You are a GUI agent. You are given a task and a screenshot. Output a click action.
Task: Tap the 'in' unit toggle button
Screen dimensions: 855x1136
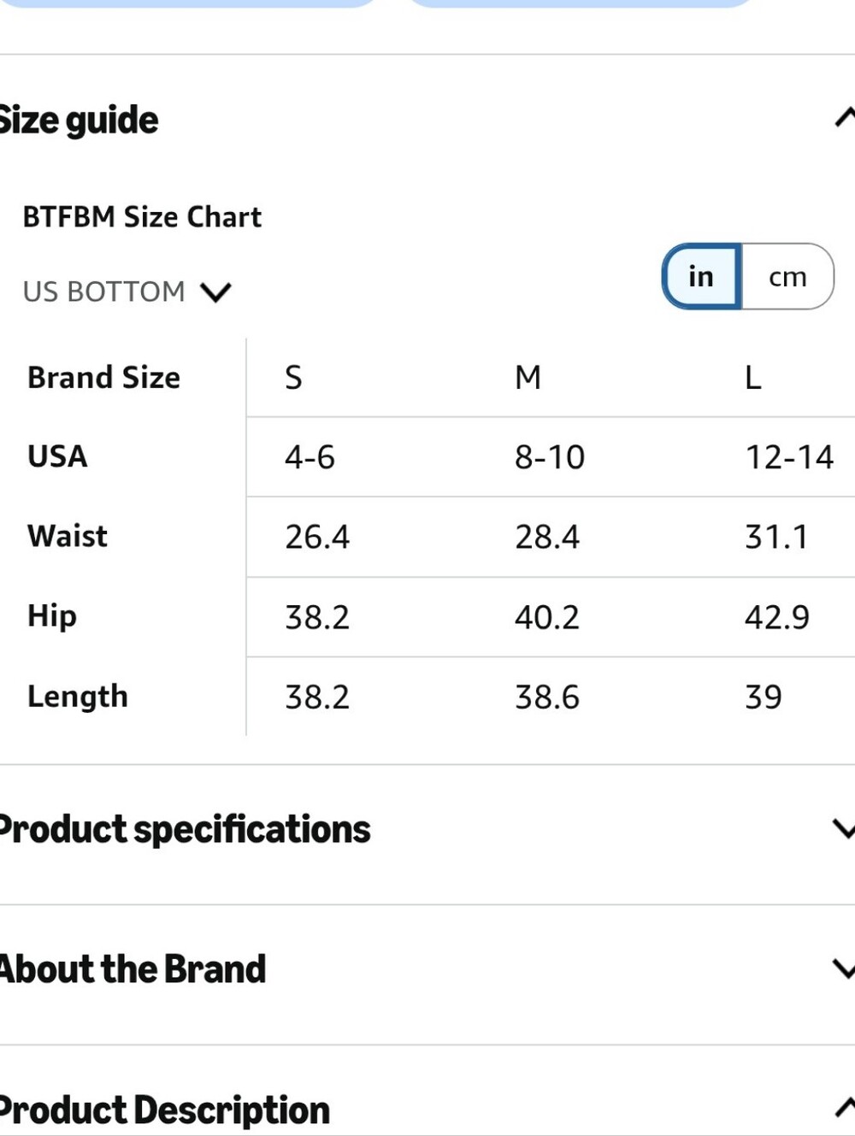[701, 276]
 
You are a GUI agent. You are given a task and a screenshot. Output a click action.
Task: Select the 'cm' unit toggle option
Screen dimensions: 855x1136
[787, 277]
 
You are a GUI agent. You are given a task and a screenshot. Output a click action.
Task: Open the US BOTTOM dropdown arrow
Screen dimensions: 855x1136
[215, 291]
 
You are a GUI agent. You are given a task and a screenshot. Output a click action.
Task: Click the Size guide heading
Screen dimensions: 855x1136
[79, 121]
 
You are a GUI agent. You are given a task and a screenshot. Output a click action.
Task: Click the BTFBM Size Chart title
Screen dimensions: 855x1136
[142, 216]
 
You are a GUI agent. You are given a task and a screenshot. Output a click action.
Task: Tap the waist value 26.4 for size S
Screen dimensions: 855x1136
[317, 536]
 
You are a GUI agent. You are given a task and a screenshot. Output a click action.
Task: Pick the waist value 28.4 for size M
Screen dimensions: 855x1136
[547, 536]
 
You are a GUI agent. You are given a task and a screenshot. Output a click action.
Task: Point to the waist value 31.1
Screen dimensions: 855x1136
[776, 536]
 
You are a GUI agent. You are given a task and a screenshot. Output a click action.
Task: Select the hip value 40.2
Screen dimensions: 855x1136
[547, 617]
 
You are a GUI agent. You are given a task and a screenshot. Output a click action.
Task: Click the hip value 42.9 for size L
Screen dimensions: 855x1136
[777, 617]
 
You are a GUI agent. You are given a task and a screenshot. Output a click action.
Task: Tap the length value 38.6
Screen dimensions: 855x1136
[547, 697]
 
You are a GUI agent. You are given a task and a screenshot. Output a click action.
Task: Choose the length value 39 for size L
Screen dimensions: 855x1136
[764, 697]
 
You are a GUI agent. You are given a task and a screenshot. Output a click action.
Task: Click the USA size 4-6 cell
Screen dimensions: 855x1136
[310, 457]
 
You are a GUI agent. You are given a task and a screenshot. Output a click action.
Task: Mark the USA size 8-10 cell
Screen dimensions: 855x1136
[550, 457]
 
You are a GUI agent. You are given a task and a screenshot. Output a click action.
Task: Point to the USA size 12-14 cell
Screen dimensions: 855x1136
[789, 457]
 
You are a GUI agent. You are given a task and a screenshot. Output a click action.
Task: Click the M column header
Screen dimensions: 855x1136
[528, 377]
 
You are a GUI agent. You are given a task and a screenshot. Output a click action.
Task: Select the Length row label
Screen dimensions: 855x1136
[78, 697]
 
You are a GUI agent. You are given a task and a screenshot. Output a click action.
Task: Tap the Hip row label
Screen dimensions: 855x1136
[52, 617]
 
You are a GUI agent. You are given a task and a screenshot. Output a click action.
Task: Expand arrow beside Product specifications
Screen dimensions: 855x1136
[845, 829]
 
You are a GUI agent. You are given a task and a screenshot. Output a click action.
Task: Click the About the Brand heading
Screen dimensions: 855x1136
[133, 968]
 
